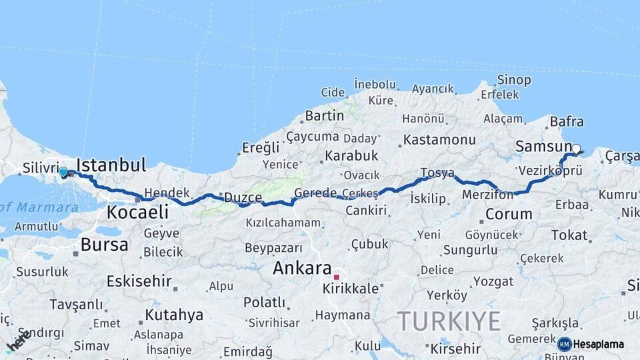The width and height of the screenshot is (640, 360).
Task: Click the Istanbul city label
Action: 111,165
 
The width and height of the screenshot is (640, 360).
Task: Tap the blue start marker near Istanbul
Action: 63,172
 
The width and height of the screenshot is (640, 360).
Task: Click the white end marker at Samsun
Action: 576,149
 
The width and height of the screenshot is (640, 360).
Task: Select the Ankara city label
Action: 302,269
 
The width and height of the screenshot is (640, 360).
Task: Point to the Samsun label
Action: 543,146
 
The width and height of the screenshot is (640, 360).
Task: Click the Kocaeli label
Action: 137,213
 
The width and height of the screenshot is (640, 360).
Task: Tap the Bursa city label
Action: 104,245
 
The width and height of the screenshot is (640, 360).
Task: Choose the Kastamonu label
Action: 439,140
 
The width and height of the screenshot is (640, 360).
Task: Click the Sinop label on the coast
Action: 515,80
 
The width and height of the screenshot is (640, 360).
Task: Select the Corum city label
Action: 509,215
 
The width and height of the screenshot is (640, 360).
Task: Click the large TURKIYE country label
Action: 449,321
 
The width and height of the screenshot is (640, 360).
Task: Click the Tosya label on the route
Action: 437,173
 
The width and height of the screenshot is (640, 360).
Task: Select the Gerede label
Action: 315,193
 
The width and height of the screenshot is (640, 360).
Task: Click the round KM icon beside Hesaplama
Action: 565,344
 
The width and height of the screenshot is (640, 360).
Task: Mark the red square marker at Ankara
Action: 337,277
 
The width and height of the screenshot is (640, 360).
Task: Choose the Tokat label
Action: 569,235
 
